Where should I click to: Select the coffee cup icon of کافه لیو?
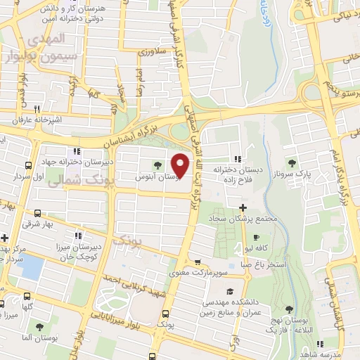256,237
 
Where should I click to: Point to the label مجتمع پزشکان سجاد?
243,219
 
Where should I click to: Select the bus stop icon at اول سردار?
27,166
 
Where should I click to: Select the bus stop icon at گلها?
27,297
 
